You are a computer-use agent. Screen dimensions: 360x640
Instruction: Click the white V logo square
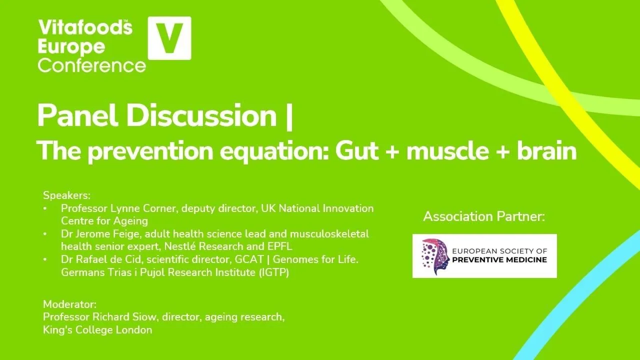pyautogui.click(x=169, y=38)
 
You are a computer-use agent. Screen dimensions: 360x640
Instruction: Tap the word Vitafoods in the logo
pyautogui.click(x=85, y=28)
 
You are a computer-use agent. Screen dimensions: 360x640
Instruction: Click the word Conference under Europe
pyautogui.click(x=92, y=65)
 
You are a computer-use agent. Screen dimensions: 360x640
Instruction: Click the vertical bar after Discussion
pyautogui.click(x=289, y=116)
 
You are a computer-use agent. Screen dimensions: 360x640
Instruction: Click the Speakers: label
pyautogui.click(x=66, y=195)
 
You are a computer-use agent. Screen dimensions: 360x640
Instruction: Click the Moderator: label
pyautogui.click(x=69, y=304)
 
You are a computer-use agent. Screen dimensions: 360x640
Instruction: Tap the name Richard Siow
pyautogui.click(x=127, y=317)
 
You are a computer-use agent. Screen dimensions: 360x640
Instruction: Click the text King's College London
pyautogui.click(x=97, y=330)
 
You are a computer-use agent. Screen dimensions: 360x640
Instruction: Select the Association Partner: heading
pyautogui.click(x=484, y=216)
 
